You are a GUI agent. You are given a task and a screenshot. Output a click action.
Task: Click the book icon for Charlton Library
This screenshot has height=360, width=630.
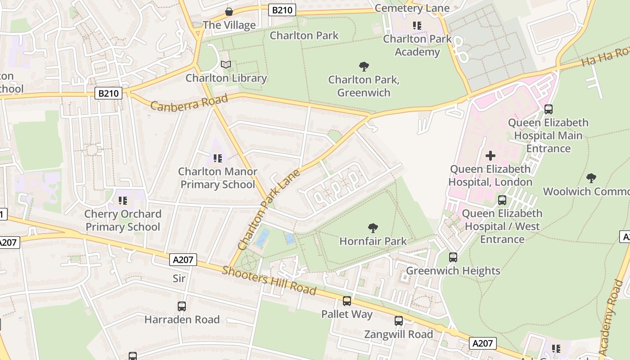[x=226, y=65]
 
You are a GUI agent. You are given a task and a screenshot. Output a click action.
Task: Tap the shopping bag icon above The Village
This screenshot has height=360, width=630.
[x=229, y=12]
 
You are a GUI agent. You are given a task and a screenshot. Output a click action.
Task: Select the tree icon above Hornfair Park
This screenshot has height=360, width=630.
[x=373, y=228]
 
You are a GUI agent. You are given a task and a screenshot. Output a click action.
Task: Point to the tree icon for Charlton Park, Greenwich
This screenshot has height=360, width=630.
[x=364, y=67]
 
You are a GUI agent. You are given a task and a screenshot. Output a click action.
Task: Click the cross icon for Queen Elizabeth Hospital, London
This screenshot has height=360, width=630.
[x=490, y=156]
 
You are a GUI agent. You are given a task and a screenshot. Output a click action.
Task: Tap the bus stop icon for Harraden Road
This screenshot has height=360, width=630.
[x=182, y=306]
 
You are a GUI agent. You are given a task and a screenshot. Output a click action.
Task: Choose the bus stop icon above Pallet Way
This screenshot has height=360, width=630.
[x=347, y=301]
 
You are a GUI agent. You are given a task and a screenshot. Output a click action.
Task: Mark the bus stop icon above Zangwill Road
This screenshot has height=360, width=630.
[x=399, y=321]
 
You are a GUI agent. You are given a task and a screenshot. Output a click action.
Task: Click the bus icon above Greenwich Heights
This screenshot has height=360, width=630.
[x=453, y=257]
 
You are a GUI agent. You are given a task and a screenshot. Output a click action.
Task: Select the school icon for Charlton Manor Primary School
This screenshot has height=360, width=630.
[x=218, y=158]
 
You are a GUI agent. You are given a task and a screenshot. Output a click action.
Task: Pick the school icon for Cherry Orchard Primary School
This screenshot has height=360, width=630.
[x=123, y=201]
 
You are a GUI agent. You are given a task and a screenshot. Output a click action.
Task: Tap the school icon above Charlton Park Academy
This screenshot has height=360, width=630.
[x=417, y=26]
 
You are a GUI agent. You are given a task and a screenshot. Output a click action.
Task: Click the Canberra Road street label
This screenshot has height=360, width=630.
[x=189, y=103]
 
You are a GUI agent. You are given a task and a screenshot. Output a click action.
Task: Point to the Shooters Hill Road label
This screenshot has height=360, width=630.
[x=269, y=280]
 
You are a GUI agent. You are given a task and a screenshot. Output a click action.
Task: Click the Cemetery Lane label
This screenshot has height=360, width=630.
[x=412, y=8]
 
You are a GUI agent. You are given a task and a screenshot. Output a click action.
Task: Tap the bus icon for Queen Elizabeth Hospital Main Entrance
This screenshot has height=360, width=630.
[x=549, y=109]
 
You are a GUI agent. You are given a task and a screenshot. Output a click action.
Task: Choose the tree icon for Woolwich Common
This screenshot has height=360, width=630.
[x=591, y=178]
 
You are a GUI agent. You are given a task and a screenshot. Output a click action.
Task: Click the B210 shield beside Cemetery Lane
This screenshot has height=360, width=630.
[x=282, y=10]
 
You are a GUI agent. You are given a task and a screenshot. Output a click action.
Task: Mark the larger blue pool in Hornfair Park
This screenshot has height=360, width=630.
[x=263, y=238]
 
